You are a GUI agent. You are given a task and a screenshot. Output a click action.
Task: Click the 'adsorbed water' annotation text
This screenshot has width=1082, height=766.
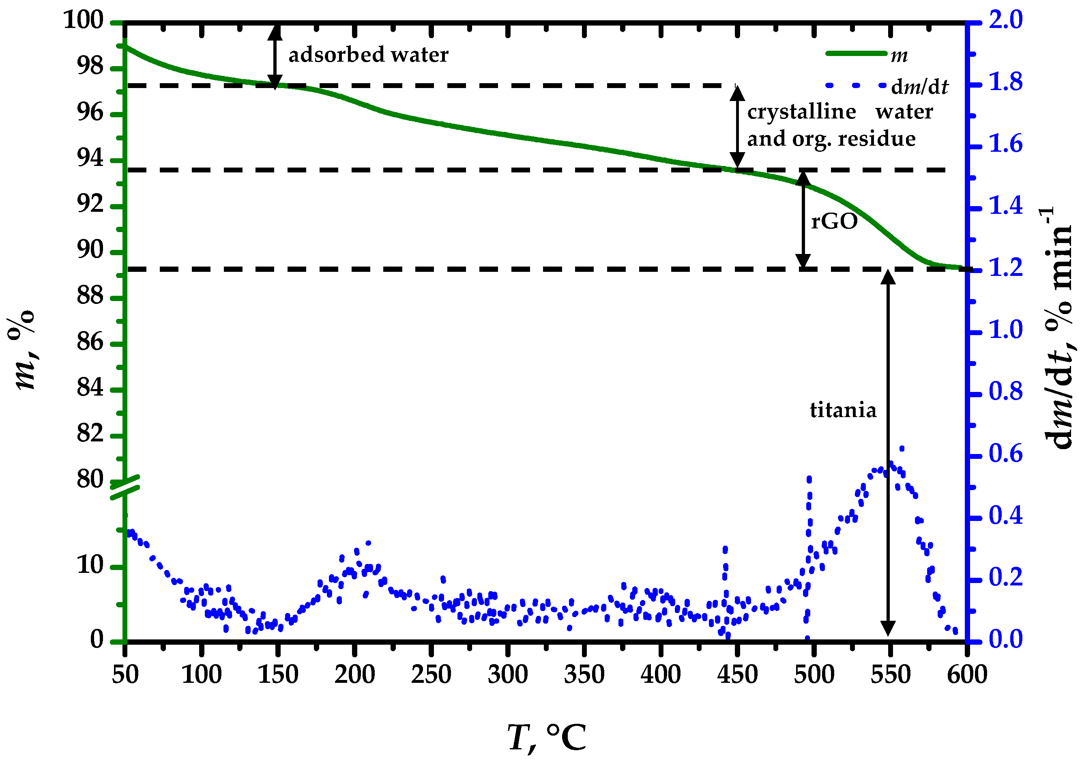tap(368, 55)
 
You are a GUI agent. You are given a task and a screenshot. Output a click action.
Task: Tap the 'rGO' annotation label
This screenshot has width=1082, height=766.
tap(834, 221)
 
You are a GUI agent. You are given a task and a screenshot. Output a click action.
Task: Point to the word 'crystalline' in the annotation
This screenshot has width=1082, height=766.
tap(801, 112)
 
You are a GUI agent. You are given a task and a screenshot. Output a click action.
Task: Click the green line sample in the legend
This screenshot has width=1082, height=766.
tap(856, 54)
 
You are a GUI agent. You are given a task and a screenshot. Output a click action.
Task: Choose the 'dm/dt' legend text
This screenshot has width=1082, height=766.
tap(919, 87)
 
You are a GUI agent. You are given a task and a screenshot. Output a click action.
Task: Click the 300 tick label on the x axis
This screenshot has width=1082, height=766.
tap(508, 674)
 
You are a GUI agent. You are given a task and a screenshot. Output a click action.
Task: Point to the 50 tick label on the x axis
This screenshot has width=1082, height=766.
tap(125, 674)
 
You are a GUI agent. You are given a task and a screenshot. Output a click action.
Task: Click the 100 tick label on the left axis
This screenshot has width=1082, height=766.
tap(84, 20)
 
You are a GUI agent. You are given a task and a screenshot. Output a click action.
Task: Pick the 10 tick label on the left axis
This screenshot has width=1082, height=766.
tap(90, 565)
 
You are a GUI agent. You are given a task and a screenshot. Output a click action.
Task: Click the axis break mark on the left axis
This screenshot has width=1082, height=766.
tap(125, 487)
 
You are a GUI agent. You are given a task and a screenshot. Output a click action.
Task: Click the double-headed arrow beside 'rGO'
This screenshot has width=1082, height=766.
tap(803, 220)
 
